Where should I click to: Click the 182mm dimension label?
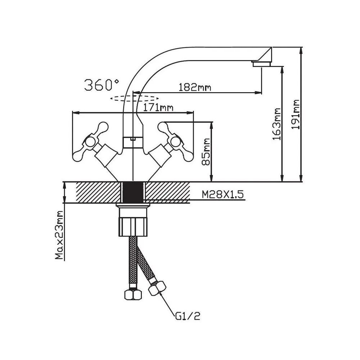point(194,87)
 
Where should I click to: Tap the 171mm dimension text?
point(158,107)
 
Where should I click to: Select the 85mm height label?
point(206,152)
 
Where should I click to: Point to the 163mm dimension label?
point(276,124)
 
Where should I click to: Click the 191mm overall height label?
point(296,114)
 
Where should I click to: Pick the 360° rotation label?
point(102,85)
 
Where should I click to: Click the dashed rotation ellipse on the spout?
point(134,98)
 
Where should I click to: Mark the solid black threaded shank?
point(133,193)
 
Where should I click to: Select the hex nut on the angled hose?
point(157,288)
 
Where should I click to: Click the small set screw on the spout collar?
point(133,139)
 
